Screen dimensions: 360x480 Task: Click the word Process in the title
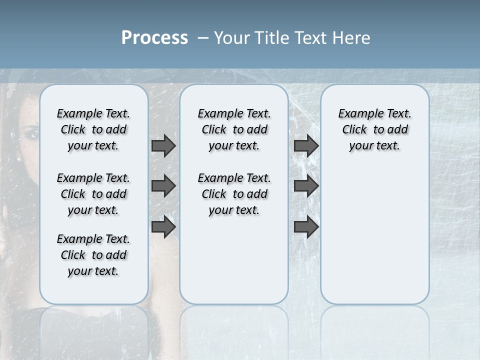coord(154,38)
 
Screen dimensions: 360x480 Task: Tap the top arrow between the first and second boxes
coord(163,146)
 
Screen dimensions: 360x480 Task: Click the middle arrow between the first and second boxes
coord(163,186)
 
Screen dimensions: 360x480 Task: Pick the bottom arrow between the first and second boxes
coord(163,227)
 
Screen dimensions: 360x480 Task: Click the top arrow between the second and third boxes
coord(306,146)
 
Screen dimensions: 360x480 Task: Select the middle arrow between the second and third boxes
coord(306,186)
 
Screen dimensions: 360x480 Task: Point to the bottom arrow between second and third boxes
coord(306,227)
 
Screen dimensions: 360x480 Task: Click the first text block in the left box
coord(93,129)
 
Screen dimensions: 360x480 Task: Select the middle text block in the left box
coord(93,194)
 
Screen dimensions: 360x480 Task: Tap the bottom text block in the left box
coord(93,255)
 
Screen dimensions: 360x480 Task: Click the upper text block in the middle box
coord(234,129)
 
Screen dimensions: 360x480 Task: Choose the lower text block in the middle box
coord(234,194)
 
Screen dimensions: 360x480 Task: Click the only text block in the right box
coord(375,129)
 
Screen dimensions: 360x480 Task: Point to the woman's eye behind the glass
coord(31,134)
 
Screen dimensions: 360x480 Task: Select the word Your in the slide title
coord(231,38)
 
